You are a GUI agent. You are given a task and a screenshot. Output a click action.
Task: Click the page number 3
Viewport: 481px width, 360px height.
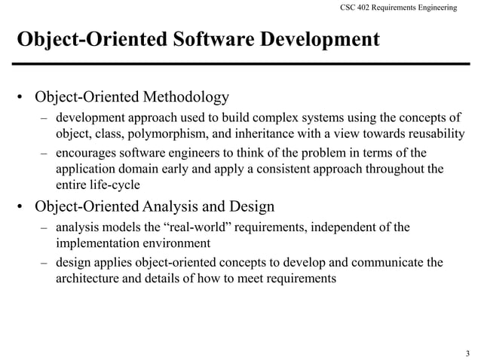click(x=467, y=353)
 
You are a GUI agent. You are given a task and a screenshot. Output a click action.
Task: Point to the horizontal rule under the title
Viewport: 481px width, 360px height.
click(x=240, y=63)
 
